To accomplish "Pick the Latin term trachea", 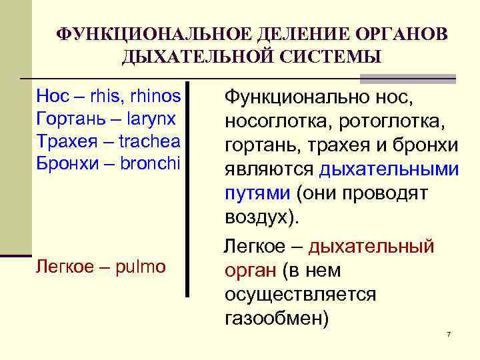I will point(149,142).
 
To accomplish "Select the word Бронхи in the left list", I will point(66,165).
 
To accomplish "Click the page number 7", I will point(449,333).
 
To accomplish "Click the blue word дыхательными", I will point(389,169).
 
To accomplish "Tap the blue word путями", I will point(257,193).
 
